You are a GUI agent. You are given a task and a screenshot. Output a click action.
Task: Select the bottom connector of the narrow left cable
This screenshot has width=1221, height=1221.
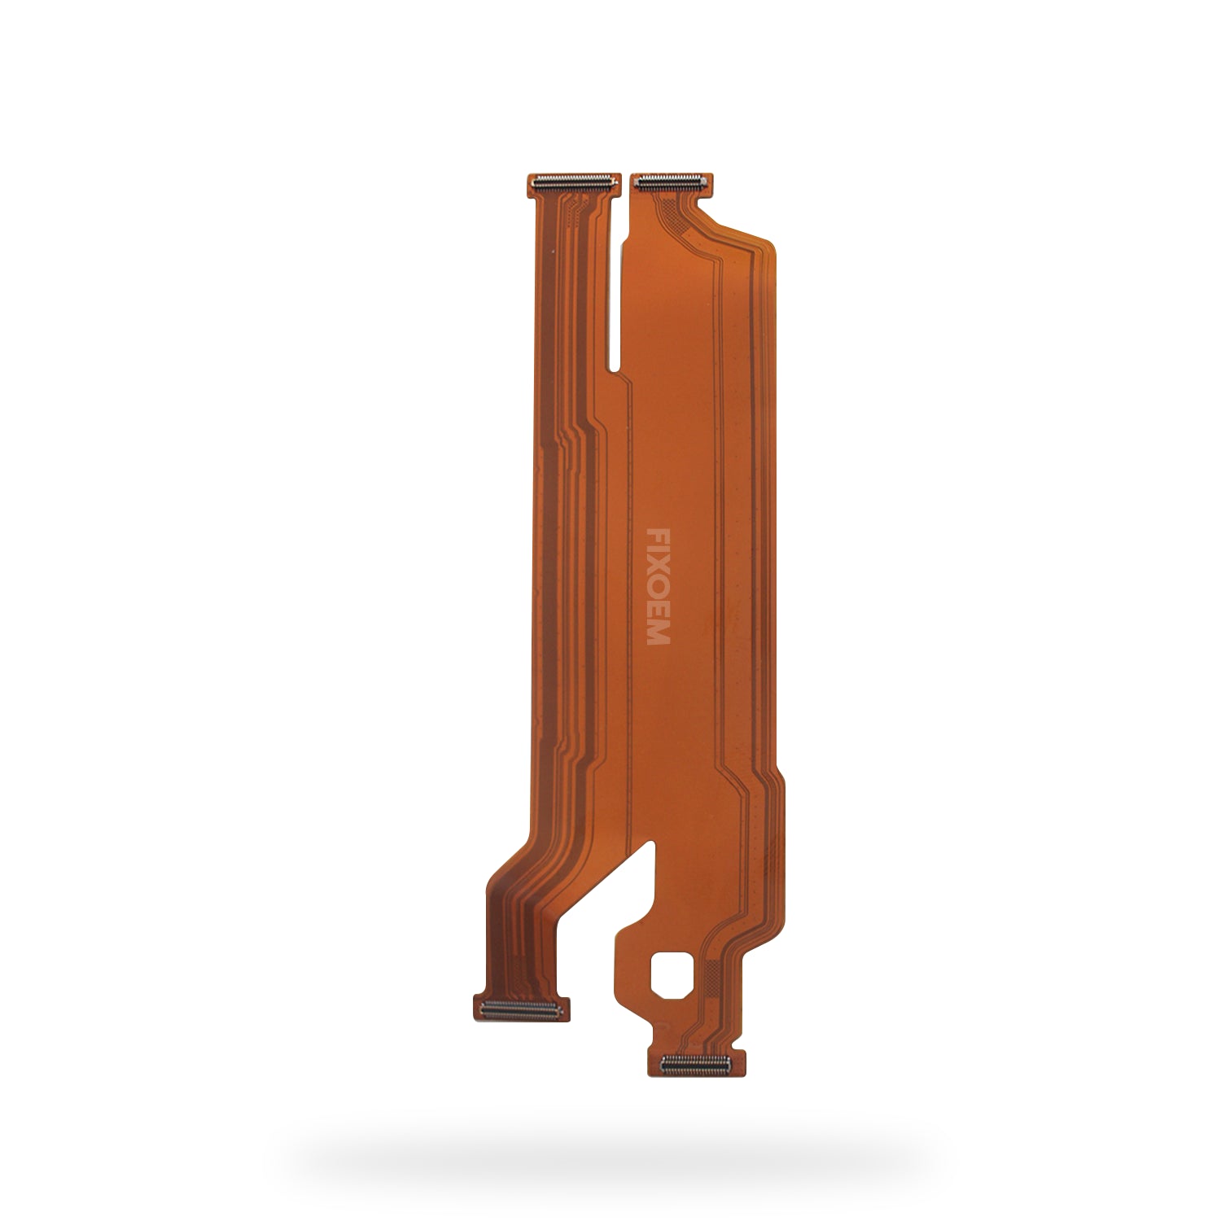point(520,1009)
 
